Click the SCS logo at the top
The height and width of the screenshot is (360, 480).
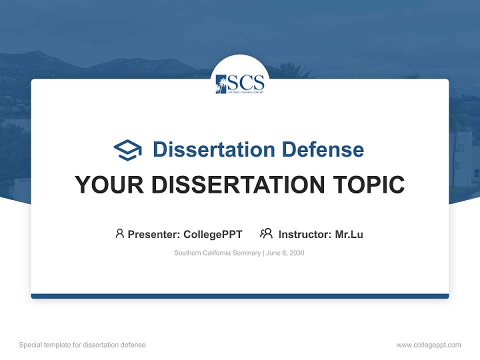click(240, 83)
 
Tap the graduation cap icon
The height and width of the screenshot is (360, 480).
click(127, 150)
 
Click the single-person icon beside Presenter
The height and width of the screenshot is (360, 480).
click(119, 233)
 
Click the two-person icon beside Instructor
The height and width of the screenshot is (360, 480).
click(266, 233)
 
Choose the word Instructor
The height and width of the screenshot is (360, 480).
click(304, 234)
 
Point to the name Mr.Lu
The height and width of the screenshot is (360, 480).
click(349, 234)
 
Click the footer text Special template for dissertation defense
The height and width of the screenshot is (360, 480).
click(82, 345)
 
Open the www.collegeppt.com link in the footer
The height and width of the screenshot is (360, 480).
click(428, 345)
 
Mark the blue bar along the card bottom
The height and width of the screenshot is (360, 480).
click(240, 296)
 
